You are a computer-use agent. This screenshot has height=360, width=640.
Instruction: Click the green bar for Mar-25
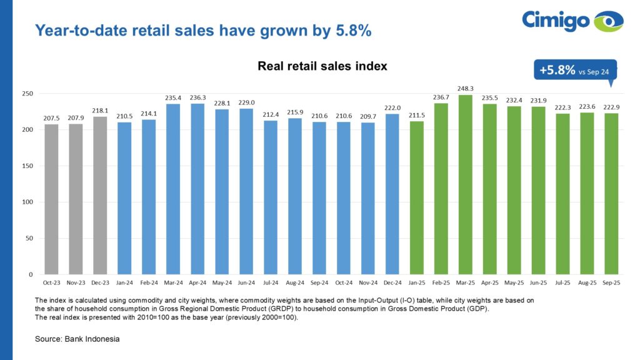(x=465, y=184)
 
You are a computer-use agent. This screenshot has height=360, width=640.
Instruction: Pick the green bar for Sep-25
(x=611, y=194)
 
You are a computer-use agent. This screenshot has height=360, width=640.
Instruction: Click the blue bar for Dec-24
(x=392, y=194)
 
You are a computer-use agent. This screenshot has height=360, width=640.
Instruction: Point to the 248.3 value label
(x=465, y=89)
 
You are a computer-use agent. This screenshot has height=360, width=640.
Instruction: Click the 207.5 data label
(x=51, y=118)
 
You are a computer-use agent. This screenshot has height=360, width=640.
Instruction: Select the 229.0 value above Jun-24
(x=246, y=102)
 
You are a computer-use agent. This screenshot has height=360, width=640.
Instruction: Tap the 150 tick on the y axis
(x=27, y=166)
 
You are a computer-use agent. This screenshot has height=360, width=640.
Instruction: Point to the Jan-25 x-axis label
(x=416, y=282)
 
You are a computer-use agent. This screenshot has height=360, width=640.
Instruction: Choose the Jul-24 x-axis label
(x=271, y=282)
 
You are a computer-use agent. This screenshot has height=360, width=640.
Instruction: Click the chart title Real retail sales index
(x=322, y=66)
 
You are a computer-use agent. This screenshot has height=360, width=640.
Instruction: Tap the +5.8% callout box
(x=574, y=71)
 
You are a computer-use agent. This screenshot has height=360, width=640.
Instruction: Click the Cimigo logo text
(x=555, y=20)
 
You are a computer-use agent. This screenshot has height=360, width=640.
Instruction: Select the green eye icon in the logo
(x=608, y=21)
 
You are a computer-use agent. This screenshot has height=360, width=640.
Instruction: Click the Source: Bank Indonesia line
(x=77, y=339)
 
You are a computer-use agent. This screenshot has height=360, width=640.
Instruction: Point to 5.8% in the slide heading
(x=352, y=30)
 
